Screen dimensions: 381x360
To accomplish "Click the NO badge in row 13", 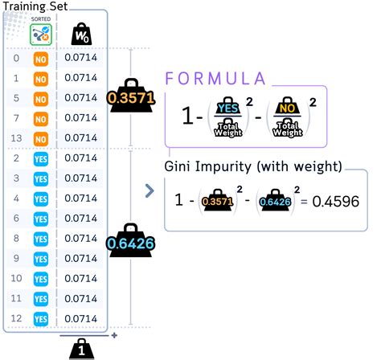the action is click(41, 139).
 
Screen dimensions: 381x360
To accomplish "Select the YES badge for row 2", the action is click(41, 159).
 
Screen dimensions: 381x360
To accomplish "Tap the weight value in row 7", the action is click(80, 118).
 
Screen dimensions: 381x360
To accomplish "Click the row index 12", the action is click(16, 318).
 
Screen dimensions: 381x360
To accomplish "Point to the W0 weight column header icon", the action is click(81, 34).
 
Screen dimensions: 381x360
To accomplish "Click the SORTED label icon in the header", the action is click(41, 35).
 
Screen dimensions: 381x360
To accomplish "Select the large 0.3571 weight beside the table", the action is click(131, 96).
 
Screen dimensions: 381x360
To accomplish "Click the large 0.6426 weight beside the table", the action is click(130, 241).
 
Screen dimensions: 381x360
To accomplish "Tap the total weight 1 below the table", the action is click(81, 349).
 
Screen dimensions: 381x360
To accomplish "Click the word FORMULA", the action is click(215, 79).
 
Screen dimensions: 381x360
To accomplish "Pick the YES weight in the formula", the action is click(228, 106).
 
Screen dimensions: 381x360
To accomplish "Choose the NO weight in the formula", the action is click(287, 106).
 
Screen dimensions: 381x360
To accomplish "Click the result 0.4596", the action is click(336, 202).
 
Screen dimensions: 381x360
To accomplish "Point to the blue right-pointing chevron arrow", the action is click(150, 190).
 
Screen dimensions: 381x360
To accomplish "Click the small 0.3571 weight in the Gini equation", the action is click(217, 200).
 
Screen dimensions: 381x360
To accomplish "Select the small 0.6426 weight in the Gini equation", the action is click(275, 200).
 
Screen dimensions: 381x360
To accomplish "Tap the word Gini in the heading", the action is click(178, 166).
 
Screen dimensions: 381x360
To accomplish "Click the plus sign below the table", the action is click(114, 335).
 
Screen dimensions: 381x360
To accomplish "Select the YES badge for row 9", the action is click(41, 260).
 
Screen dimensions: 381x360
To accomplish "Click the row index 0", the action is click(16, 58).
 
